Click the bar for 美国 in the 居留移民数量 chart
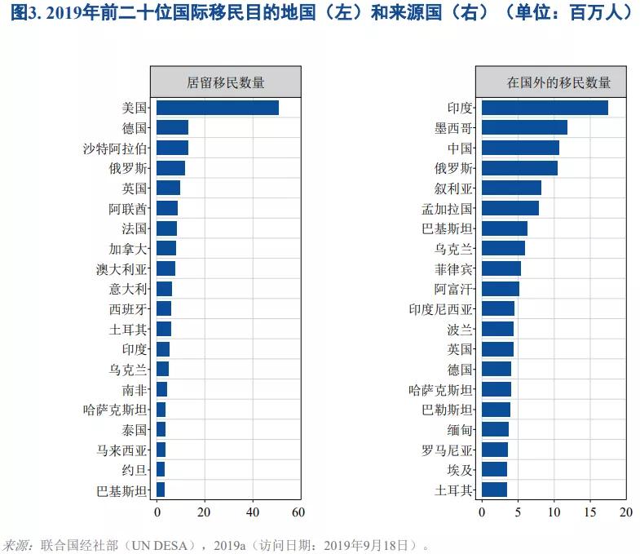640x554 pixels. pos(217,108)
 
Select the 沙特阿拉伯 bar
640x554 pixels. pos(172,148)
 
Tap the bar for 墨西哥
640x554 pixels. pos(524,127)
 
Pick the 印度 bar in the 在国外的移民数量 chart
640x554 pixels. pos(545,108)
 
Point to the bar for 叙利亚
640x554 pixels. pos(511,188)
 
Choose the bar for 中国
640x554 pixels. pos(520,148)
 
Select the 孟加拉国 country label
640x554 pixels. pos(447,208)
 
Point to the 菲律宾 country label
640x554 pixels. pos(453,268)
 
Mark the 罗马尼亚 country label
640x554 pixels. pos(447,450)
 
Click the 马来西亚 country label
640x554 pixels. pos(121,450)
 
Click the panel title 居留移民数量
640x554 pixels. pos(226,82)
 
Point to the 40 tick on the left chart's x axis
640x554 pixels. pos(253,512)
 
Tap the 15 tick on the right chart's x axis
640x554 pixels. pos(590,512)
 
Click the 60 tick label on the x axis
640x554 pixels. pos(298,512)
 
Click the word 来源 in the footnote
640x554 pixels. pos(16,544)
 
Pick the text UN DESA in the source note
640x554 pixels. pos(167,544)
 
